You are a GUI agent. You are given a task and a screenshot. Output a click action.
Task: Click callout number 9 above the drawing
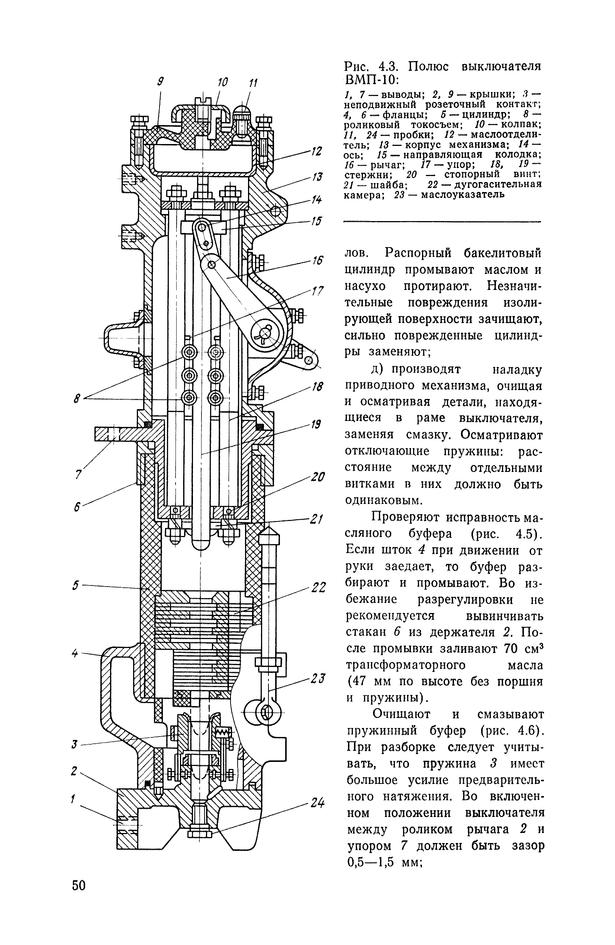pyautogui.click(x=160, y=82)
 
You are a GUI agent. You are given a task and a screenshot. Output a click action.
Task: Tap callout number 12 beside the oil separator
pyautogui.click(x=316, y=151)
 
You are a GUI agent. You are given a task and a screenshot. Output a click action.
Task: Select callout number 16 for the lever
pyautogui.click(x=318, y=261)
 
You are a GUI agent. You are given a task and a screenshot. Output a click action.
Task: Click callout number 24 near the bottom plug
pyautogui.click(x=318, y=803)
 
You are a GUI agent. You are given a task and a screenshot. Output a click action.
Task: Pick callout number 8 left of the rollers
pyautogui.click(x=77, y=398)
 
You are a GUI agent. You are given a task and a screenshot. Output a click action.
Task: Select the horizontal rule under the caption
pyautogui.click(x=442, y=221)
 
